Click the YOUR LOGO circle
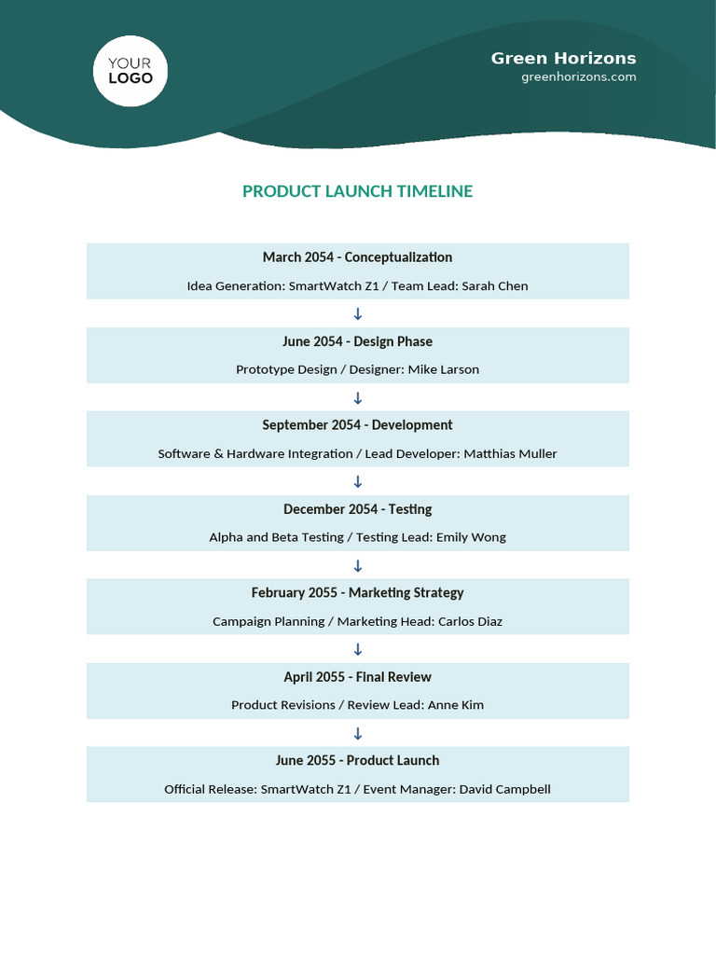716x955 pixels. [x=131, y=71]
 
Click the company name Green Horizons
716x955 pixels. [x=563, y=58]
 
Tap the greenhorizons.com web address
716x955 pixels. [x=578, y=77]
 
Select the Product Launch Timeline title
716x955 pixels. [x=357, y=191]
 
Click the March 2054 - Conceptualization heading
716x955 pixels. [x=357, y=257]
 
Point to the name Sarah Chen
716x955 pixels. [x=500, y=286]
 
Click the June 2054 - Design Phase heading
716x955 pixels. [x=357, y=341]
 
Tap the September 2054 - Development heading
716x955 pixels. [x=357, y=425]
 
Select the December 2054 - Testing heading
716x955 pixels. [x=357, y=509]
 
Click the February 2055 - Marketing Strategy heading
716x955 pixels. [x=357, y=593]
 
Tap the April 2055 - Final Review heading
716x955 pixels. [x=357, y=677]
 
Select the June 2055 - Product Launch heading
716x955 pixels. [x=357, y=761]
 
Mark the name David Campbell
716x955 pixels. [x=504, y=789]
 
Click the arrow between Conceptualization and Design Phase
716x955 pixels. [x=357, y=314]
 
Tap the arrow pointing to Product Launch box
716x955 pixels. [x=357, y=733]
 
